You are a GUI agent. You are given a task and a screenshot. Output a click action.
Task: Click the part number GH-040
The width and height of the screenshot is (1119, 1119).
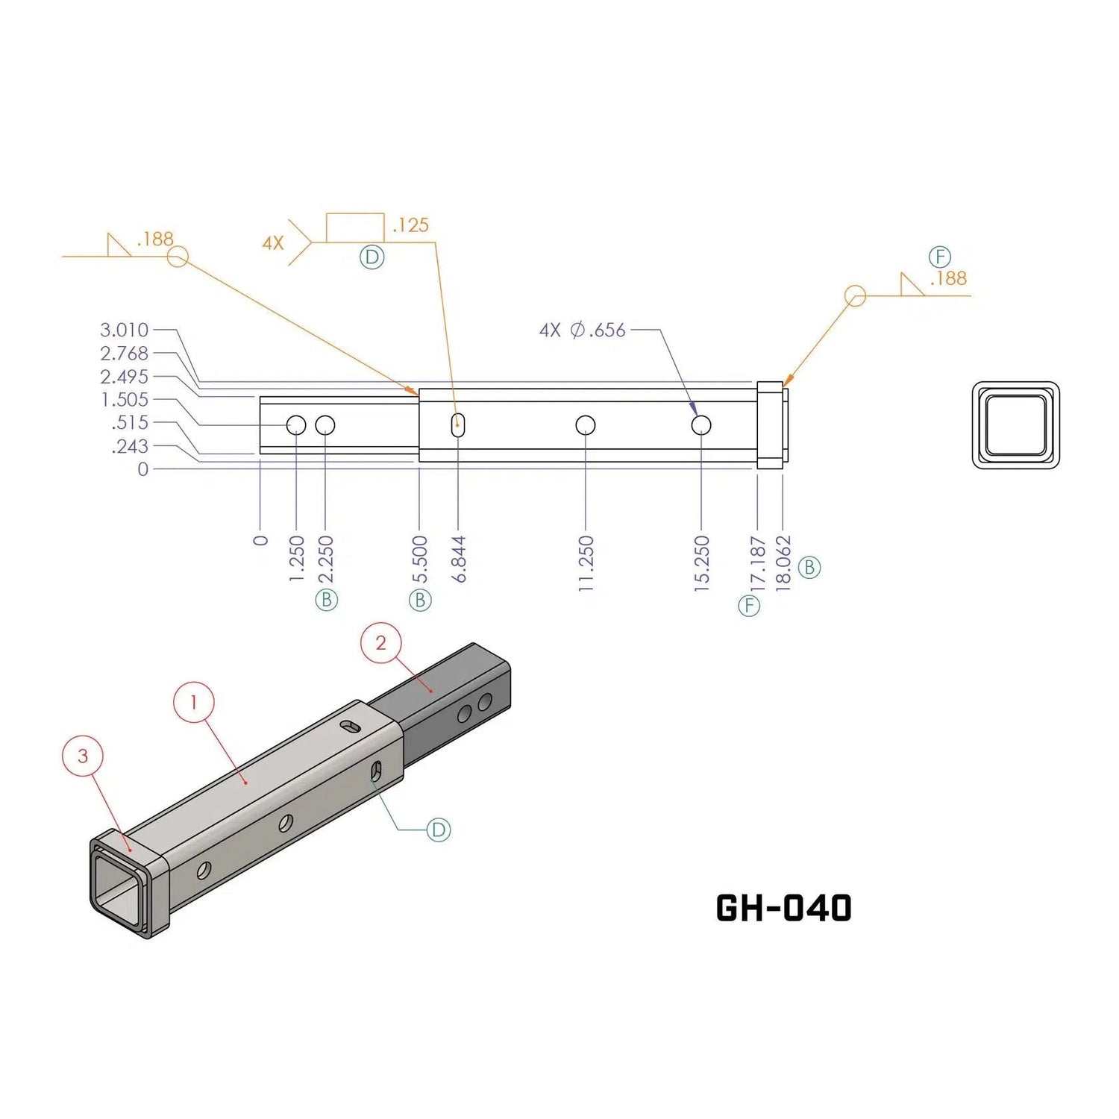pos(783,908)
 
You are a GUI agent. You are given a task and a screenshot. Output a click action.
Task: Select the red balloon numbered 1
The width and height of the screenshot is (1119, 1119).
pos(194,702)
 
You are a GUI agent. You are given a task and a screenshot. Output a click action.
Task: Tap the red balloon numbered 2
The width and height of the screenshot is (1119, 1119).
pos(381,643)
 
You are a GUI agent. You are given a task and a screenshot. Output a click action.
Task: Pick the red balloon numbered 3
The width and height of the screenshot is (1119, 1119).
pos(83,756)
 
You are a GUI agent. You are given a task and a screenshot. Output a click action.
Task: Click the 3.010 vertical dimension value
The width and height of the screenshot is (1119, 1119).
pos(125,330)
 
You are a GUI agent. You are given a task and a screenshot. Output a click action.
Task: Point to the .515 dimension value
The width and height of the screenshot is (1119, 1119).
pos(130,422)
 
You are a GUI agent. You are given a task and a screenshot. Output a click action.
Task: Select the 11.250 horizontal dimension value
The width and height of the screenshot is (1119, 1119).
pos(586,563)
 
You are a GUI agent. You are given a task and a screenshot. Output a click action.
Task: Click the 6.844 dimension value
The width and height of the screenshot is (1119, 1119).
pos(459,559)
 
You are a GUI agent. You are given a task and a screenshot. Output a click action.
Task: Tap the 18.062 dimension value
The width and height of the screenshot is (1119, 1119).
pos(783,563)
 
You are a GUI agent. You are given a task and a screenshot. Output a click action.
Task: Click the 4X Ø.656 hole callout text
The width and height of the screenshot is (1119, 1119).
pos(583,330)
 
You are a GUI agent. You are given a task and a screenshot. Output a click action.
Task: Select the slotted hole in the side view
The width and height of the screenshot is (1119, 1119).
pos(458,425)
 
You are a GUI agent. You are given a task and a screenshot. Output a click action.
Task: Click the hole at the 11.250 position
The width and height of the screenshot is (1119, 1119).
pos(586,425)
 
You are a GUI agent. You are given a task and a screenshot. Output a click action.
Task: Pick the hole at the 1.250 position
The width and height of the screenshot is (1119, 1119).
pos(296,425)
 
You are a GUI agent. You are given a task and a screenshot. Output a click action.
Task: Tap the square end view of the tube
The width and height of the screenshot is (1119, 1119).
pos(1016,425)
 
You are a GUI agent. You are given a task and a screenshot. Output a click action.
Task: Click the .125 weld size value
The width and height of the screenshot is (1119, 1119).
pos(410,225)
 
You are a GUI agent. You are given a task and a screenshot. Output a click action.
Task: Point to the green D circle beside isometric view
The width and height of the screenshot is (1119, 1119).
pos(439,830)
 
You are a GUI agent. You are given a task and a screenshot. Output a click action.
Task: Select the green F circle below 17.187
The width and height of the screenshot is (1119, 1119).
pos(749,605)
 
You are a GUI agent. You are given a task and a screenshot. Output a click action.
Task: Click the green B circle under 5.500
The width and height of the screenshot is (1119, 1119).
pos(420,600)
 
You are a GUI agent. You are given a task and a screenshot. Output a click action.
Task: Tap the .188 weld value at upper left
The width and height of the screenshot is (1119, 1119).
pos(155,239)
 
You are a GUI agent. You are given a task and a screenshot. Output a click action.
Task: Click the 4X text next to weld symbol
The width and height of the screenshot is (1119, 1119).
pos(273,243)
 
